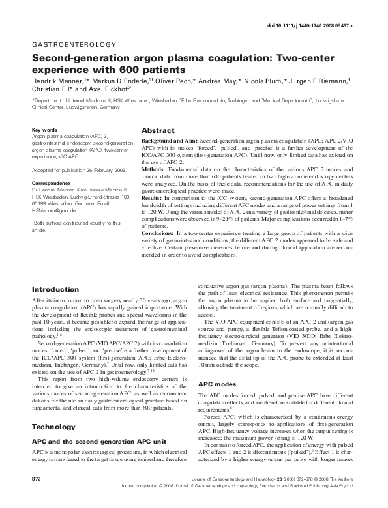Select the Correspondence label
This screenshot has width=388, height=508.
50,183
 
